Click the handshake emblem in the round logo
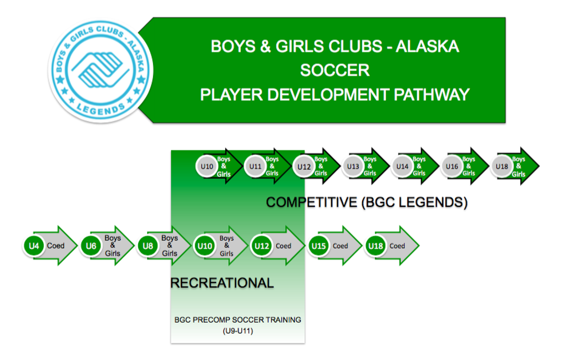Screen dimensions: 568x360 click(100, 69)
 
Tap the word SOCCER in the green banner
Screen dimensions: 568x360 click(334, 70)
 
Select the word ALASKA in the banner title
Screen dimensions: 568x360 click(428, 47)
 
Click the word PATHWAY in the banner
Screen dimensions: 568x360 click(432, 95)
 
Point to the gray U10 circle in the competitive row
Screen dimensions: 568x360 click(207, 166)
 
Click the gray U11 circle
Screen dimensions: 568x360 click(255, 166)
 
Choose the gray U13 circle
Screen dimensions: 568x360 click(353, 166)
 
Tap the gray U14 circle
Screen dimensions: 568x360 click(403, 166)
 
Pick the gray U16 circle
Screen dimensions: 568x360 click(452, 166)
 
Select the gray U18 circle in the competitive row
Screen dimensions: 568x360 click(502, 166)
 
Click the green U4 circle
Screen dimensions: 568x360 click(34, 246)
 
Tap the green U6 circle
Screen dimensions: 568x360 click(91, 246)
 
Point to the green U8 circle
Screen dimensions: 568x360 click(148, 246)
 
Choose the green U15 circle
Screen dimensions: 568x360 click(319, 246)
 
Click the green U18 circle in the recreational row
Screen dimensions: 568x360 click(376, 246)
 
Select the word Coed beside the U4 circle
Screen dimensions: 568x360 click(56, 246)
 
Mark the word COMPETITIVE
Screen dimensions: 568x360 click(312, 202)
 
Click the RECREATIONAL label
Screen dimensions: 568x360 click(222, 283)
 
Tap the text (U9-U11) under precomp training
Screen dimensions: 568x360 click(237, 331)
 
